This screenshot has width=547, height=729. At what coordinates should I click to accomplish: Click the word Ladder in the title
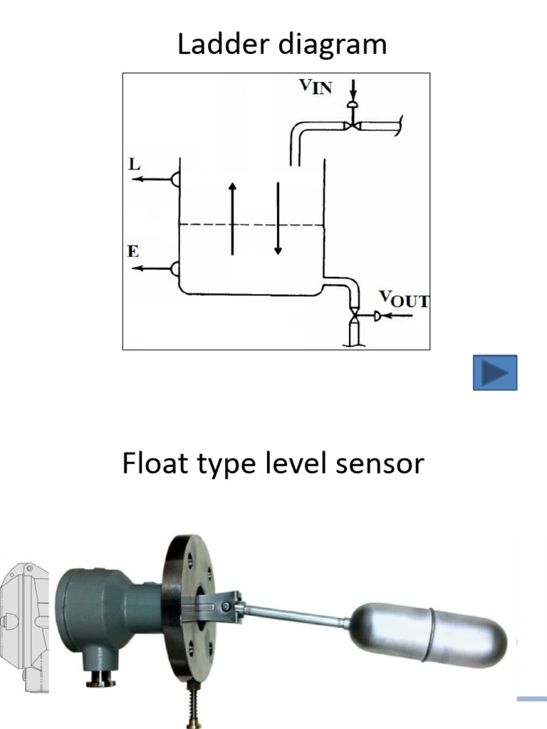point(221,45)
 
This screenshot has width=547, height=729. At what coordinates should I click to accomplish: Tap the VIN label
point(315,89)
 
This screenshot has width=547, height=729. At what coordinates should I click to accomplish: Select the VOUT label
point(404,300)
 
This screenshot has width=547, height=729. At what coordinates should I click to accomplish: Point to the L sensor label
point(134,164)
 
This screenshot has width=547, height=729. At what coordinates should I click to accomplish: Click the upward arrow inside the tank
point(232,218)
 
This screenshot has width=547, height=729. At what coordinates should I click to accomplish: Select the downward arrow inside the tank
point(278,219)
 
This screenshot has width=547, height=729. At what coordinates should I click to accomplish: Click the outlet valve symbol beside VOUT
point(354,315)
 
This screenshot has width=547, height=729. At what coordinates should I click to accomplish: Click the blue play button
point(495,372)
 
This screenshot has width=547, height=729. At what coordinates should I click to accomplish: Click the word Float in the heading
point(151,464)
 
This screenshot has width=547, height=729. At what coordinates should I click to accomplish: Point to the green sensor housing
point(107,619)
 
